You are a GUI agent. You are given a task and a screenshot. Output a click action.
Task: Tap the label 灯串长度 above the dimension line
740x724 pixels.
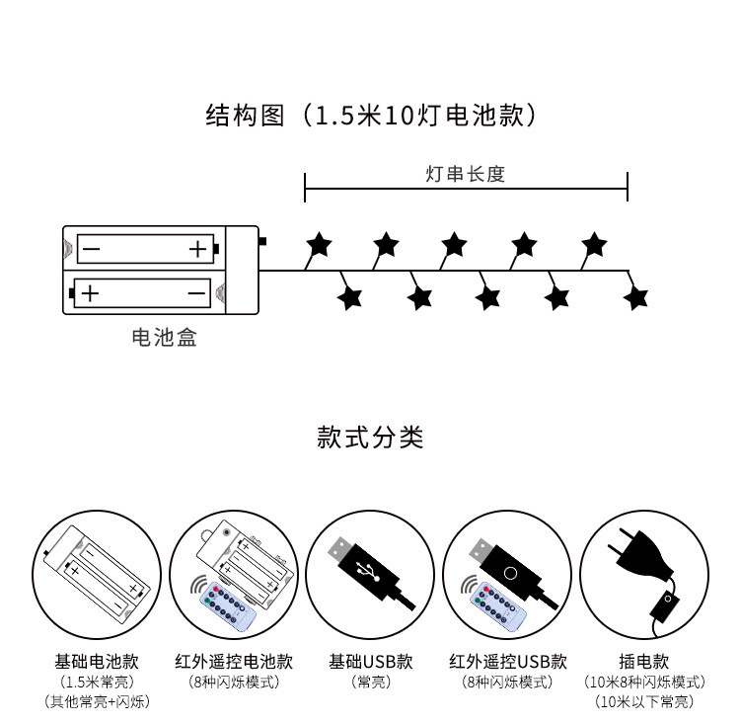pyautogui.click(x=465, y=174)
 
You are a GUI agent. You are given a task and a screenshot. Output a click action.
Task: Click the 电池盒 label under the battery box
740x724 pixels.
pyautogui.click(x=164, y=338)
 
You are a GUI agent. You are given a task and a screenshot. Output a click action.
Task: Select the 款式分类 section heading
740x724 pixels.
pyautogui.click(x=370, y=437)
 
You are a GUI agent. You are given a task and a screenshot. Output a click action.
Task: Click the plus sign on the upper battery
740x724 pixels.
pyautogui.click(x=198, y=249)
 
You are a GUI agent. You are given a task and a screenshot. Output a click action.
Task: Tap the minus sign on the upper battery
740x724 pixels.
pyautogui.click(x=91, y=249)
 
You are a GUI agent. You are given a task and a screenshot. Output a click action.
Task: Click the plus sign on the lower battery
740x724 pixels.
pyautogui.click(x=90, y=293)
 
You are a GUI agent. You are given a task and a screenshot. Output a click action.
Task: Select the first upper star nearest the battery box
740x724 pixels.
pyautogui.click(x=318, y=243)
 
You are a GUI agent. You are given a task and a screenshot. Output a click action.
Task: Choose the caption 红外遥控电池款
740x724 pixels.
pyautogui.click(x=233, y=661)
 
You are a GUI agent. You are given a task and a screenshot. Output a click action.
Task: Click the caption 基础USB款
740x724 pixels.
pyautogui.click(x=370, y=661)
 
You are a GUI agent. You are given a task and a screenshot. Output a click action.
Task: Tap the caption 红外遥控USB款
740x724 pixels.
pyautogui.click(x=507, y=661)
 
